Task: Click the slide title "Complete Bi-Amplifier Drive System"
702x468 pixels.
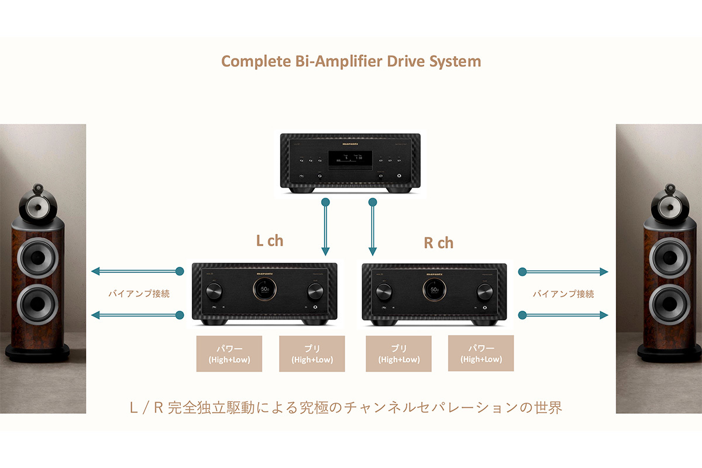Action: (x=351, y=61)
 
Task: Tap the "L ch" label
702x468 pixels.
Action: (x=270, y=240)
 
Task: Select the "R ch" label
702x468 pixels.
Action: (x=438, y=243)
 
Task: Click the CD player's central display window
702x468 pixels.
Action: (x=350, y=159)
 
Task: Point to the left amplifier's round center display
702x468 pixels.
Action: (x=264, y=290)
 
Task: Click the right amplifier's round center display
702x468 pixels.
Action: (x=434, y=290)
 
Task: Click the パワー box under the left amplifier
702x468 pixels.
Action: (x=229, y=353)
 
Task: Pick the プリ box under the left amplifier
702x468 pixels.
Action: (x=312, y=353)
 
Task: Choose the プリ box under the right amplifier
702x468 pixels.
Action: (x=398, y=353)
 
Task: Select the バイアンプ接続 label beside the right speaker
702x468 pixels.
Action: (x=563, y=294)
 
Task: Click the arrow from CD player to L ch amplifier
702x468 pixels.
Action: (x=326, y=228)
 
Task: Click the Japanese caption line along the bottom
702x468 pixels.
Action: (x=346, y=408)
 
